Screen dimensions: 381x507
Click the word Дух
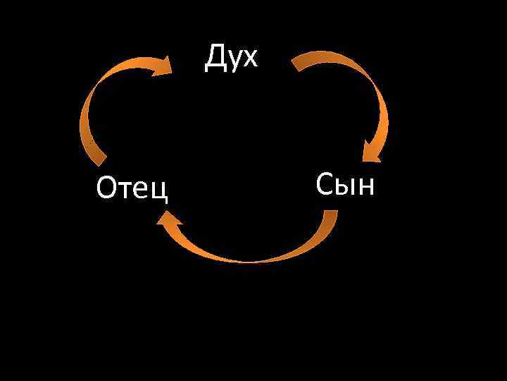tap(232, 58)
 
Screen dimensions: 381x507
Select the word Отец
tap(133, 188)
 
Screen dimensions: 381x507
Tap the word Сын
tap(346, 184)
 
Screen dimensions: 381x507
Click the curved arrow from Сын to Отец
tap(246, 258)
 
